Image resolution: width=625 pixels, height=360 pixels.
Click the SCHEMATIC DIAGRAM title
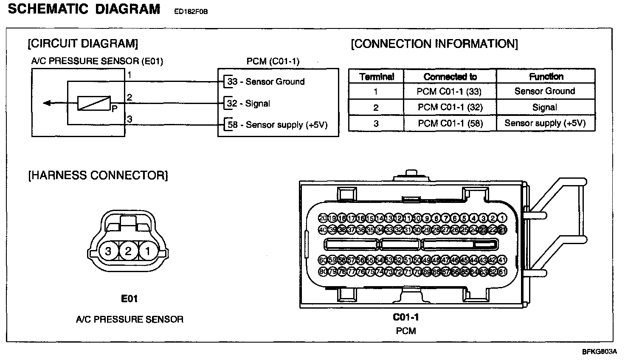(x=84, y=9)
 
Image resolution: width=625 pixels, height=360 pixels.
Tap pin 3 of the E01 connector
(x=108, y=251)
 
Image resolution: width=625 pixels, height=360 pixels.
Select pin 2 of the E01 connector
(x=128, y=251)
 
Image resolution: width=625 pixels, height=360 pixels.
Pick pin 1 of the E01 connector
(x=147, y=251)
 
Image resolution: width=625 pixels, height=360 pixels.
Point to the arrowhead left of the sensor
(x=47, y=103)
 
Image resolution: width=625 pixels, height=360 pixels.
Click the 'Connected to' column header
(x=450, y=77)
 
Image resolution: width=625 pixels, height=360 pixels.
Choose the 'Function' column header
(x=546, y=76)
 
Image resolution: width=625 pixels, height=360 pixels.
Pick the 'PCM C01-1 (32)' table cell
(x=450, y=107)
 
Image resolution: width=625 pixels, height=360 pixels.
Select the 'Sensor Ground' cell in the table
(x=545, y=91)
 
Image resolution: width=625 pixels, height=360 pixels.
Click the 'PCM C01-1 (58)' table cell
(x=450, y=124)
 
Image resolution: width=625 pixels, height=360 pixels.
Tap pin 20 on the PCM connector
(x=323, y=218)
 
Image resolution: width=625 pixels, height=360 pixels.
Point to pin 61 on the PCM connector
(x=503, y=272)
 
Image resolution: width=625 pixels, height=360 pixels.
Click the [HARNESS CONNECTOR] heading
(x=98, y=175)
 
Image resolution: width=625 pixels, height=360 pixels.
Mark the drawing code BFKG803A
(x=599, y=352)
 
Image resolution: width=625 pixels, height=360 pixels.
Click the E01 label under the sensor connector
(x=130, y=299)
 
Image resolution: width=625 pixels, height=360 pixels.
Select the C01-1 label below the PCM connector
(x=406, y=317)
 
